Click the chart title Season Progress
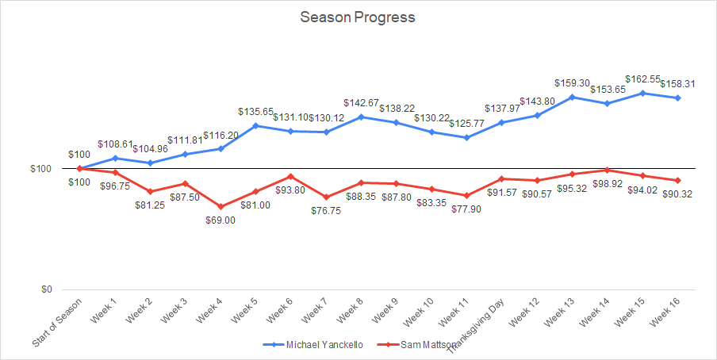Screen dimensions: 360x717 [358, 17]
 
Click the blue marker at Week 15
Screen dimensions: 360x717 [643, 93]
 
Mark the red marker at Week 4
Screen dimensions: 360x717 [220, 206]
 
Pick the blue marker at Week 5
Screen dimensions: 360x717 [255, 125]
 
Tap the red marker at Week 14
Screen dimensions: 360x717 [608, 170]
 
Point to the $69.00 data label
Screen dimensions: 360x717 [220, 220]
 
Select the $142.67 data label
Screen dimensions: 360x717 [362, 103]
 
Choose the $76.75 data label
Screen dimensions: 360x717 [325, 211]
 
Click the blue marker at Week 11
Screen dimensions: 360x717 [466, 137]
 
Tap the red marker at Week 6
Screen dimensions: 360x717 [290, 176]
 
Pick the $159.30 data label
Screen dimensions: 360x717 [573, 82]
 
